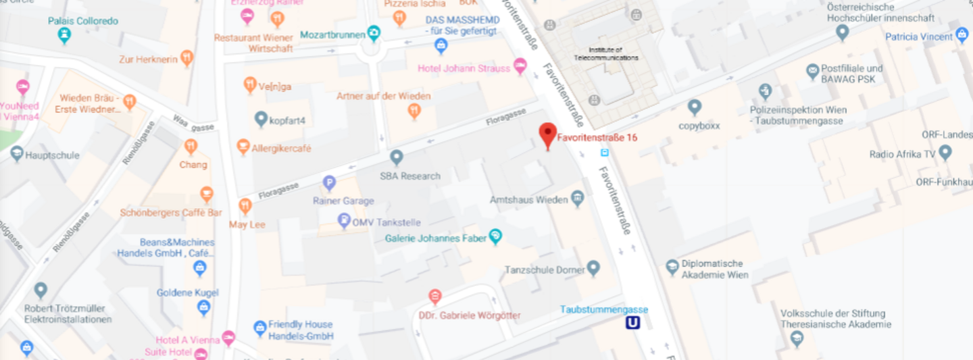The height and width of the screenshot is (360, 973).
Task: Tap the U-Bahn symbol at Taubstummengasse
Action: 632,324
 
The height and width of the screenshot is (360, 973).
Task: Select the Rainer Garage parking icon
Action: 329,182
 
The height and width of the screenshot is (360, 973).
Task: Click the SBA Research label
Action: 410,176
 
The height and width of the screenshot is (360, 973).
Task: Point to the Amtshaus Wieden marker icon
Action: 577,199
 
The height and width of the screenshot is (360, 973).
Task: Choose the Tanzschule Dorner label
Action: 544,269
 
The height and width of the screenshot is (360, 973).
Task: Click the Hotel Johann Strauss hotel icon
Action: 520,66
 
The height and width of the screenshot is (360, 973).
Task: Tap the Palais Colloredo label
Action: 82,21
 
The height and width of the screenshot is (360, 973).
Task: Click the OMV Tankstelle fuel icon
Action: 344,220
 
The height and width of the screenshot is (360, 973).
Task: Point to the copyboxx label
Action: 699,126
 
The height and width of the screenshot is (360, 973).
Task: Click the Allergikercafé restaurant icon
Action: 243,147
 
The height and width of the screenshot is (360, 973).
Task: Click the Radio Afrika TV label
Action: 902,154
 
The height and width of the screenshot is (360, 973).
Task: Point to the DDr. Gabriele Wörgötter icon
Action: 435,296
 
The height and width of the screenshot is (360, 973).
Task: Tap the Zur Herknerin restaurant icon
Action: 186,58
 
